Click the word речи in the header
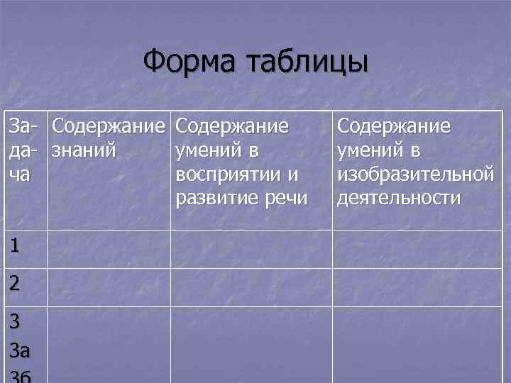tap(289, 198)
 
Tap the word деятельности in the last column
tap(399, 198)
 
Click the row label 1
tap(15, 246)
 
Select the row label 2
tap(15, 284)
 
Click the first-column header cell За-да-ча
tap(25, 150)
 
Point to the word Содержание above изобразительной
tap(394, 127)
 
